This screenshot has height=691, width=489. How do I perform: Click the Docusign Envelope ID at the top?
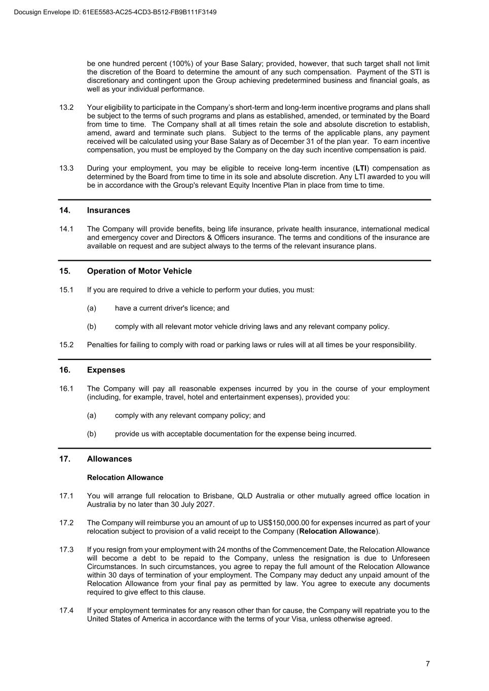[116, 12]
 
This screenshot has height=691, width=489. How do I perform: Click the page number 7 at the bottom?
[428, 664]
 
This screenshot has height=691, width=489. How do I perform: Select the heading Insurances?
[108, 210]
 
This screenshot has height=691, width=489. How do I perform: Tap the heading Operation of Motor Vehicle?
[139, 271]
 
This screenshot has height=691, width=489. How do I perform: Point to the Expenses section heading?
[106, 370]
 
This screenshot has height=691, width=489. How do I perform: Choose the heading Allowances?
[109, 459]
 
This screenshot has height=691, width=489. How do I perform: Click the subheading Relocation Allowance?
[125, 477]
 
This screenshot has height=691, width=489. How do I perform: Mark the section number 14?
[64, 210]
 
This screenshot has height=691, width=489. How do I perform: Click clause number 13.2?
[66, 107]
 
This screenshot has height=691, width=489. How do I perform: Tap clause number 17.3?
[66, 549]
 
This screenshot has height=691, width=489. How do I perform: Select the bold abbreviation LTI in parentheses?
[361, 168]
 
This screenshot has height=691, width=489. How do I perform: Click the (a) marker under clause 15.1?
[91, 308]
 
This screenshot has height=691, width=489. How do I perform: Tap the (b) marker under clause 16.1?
[91, 434]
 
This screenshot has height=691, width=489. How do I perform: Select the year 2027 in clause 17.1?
[205, 504]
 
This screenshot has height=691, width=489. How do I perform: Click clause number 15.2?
[66, 345]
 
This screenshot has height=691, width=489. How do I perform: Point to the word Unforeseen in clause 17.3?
[410, 558]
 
